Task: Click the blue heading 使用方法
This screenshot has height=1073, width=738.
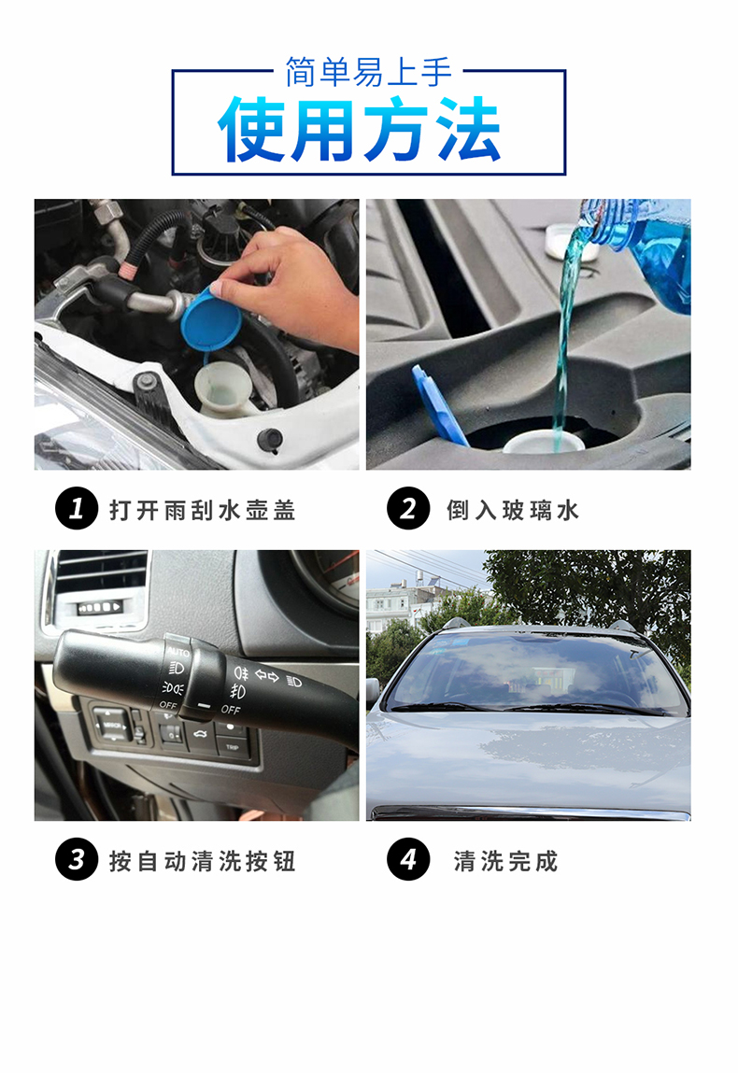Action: (x=360, y=130)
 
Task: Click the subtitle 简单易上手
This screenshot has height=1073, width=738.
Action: (x=369, y=72)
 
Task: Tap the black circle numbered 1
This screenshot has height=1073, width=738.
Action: (x=77, y=509)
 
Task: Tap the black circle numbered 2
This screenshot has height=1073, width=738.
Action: (x=408, y=509)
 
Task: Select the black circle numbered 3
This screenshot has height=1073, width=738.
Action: (x=77, y=860)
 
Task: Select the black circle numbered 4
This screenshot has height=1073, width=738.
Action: (x=408, y=860)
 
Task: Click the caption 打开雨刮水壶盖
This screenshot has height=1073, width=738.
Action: (x=203, y=510)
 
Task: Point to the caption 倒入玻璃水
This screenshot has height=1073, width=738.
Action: (x=513, y=510)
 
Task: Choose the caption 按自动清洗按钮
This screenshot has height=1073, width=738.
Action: (x=203, y=861)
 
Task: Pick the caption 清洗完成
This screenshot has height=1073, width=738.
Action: (x=505, y=861)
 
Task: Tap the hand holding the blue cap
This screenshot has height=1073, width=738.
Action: (x=290, y=280)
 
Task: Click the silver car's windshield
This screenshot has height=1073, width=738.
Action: (x=532, y=672)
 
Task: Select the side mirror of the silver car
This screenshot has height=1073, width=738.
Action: (x=373, y=691)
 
